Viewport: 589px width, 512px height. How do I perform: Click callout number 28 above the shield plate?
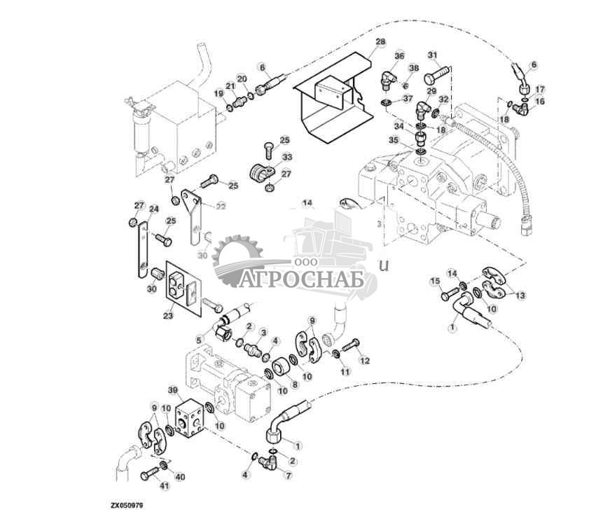click(380, 43)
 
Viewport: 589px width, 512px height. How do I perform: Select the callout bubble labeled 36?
click(399, 56)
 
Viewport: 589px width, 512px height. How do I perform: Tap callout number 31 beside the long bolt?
click(432, 55)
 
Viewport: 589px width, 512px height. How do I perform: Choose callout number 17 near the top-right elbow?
click(539, 90)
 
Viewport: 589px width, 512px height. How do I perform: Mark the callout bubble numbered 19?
click(219, 93)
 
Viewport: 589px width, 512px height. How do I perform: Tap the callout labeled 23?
click(168, 315)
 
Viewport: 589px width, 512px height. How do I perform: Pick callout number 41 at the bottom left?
click(165, 485)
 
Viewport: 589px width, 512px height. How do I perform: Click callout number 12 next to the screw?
click(364, 361)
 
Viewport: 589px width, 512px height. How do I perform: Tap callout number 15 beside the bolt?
click(434, 281)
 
